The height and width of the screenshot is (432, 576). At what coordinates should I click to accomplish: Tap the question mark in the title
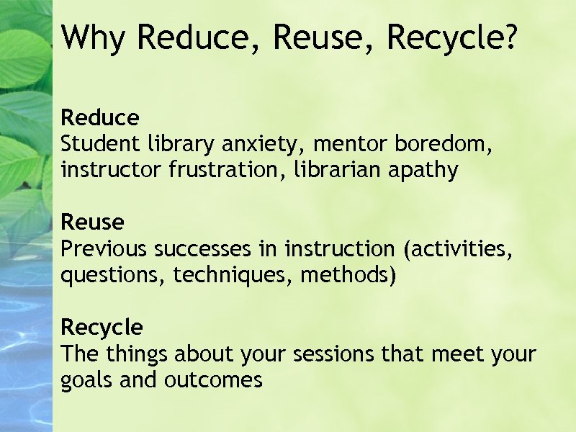click(510, 37)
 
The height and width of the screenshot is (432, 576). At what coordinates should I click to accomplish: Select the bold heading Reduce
click(100, 117)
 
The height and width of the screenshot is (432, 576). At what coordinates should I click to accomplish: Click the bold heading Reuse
click(92, 222)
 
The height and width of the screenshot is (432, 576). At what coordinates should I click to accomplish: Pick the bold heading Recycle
click(102, 328)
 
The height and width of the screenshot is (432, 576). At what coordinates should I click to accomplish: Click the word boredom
click(444, 144)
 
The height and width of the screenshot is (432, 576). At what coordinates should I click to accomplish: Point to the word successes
click(203, 249)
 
